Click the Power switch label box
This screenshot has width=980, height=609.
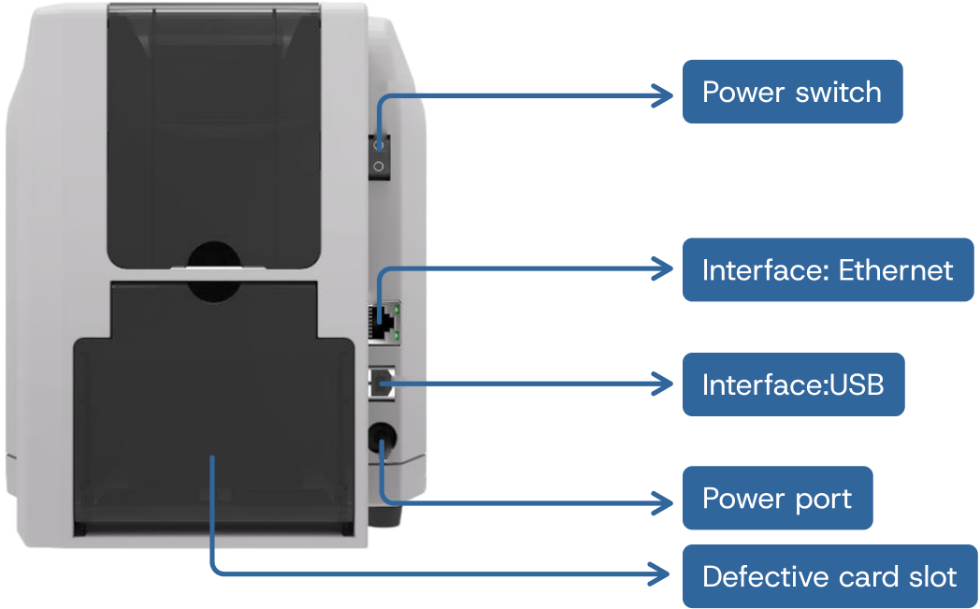[792, 92]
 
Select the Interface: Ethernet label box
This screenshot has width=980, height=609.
[828, 270]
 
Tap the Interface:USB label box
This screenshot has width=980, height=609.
[793, 384]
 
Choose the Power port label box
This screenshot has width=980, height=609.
[777, 498]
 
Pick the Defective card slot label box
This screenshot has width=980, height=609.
[829, 576]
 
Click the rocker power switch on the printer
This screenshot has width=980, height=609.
[379, 155]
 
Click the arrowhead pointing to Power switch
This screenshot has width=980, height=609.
[665, 93]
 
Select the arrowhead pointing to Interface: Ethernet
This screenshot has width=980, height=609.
[665, 269]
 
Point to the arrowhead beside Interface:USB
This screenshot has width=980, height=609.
[665, 384]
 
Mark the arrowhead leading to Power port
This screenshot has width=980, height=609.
[665, 498]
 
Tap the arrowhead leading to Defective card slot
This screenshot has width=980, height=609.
[665, 573]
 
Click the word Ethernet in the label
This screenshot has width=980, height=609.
[896, 270]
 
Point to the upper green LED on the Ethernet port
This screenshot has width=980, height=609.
[398, 306]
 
